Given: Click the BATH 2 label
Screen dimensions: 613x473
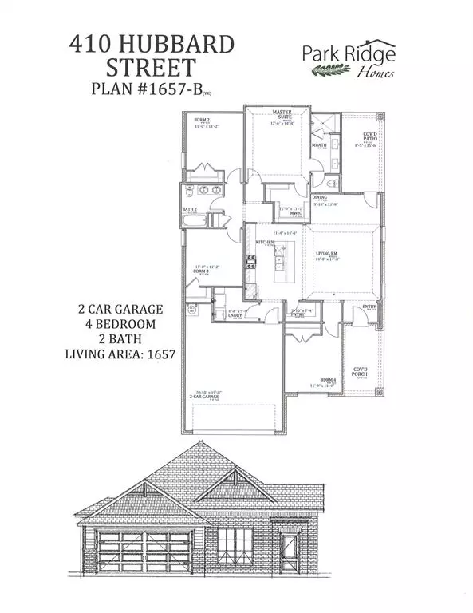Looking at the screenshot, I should tap(190, 210).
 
